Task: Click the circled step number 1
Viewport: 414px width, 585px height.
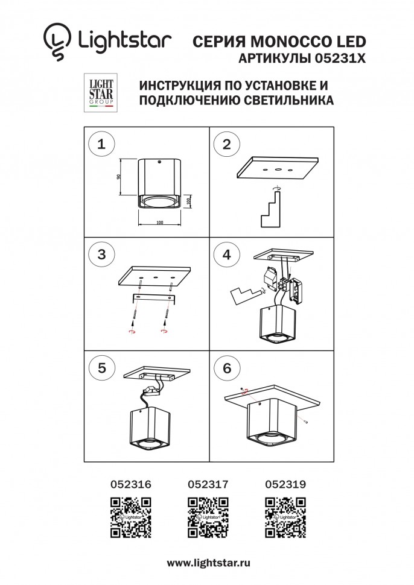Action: [x=101, y=144]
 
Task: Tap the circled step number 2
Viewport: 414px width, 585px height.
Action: [x=227, y=144]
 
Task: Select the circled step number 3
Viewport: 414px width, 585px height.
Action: [x=101, y=255]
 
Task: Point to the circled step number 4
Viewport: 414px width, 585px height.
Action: [x=227, y=255]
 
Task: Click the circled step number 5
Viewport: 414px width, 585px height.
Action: [x=101, y=368]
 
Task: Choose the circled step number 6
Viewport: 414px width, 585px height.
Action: [x=227, y=368]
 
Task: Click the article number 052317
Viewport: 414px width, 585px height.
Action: [x=208, y=484]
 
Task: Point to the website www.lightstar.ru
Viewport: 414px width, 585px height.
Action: [x=208, y=562]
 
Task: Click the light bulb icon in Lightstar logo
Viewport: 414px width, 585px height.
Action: [x=57, y=43]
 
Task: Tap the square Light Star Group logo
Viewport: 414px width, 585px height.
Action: [x=98, y=93]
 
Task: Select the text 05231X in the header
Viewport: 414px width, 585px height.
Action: [x=341, y=59]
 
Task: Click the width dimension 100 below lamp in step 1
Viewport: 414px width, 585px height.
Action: [x=159, y=223]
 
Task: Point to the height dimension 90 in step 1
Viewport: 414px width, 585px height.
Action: [x=119, y=177]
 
